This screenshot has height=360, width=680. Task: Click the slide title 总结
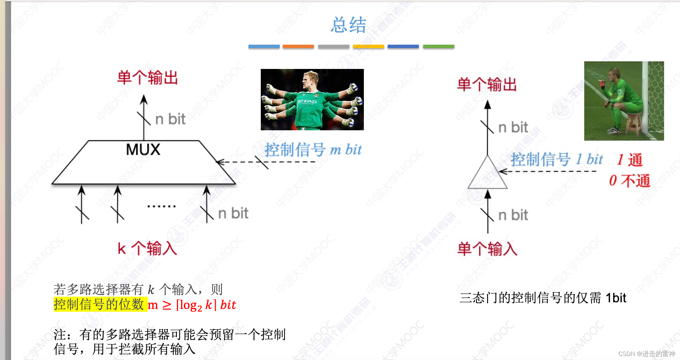pos(348,25)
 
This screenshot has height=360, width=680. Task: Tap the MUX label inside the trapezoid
pos(143,150)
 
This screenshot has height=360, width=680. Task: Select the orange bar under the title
pos(298,47)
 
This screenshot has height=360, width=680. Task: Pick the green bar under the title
pos(438,47)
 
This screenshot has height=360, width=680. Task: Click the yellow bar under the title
pos(368,47)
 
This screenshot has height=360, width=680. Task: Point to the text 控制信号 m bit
pos(313,150)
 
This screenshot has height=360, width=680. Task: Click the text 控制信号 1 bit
pos(557,159)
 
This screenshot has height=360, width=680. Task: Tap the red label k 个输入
pos(147,248)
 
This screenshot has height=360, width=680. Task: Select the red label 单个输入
pos(487,249)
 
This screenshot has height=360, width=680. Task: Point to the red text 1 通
pos(630,160)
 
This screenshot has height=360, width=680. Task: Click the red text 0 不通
pos(630,181)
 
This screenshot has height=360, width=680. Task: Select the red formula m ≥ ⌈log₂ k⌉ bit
pos(192,305)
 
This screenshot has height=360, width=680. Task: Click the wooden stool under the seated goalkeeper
pos(633,124)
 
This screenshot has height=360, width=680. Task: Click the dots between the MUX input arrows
pos(161,206)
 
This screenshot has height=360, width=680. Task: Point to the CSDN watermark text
pos(647,354)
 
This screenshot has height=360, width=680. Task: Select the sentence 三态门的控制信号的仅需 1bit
pos(543,298)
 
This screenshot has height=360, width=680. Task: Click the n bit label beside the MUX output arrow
pos(170,119)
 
